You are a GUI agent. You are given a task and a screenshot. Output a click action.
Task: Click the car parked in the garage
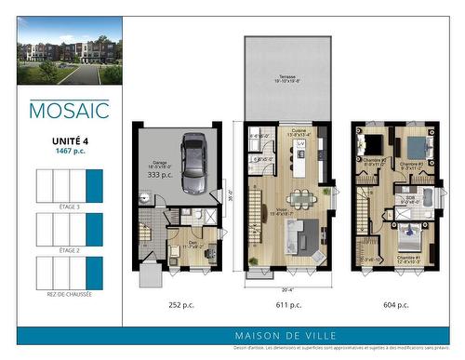pyautogui.click(x=194, y=162)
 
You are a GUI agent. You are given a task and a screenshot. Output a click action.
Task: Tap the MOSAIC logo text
pyautogui.click(x=69, y=111)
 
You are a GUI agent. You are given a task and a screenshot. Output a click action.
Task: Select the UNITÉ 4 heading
pyautogui.click(x=69, y=140)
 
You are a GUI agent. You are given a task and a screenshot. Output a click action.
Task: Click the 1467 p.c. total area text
pyautogui.click(x=69, y=150)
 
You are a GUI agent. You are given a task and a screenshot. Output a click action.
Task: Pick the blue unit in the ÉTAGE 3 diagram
pyautogui.click(x=94, y=187)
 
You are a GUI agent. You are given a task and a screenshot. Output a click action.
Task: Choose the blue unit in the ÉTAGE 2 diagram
pyautogui.click(x=94, y=229)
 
